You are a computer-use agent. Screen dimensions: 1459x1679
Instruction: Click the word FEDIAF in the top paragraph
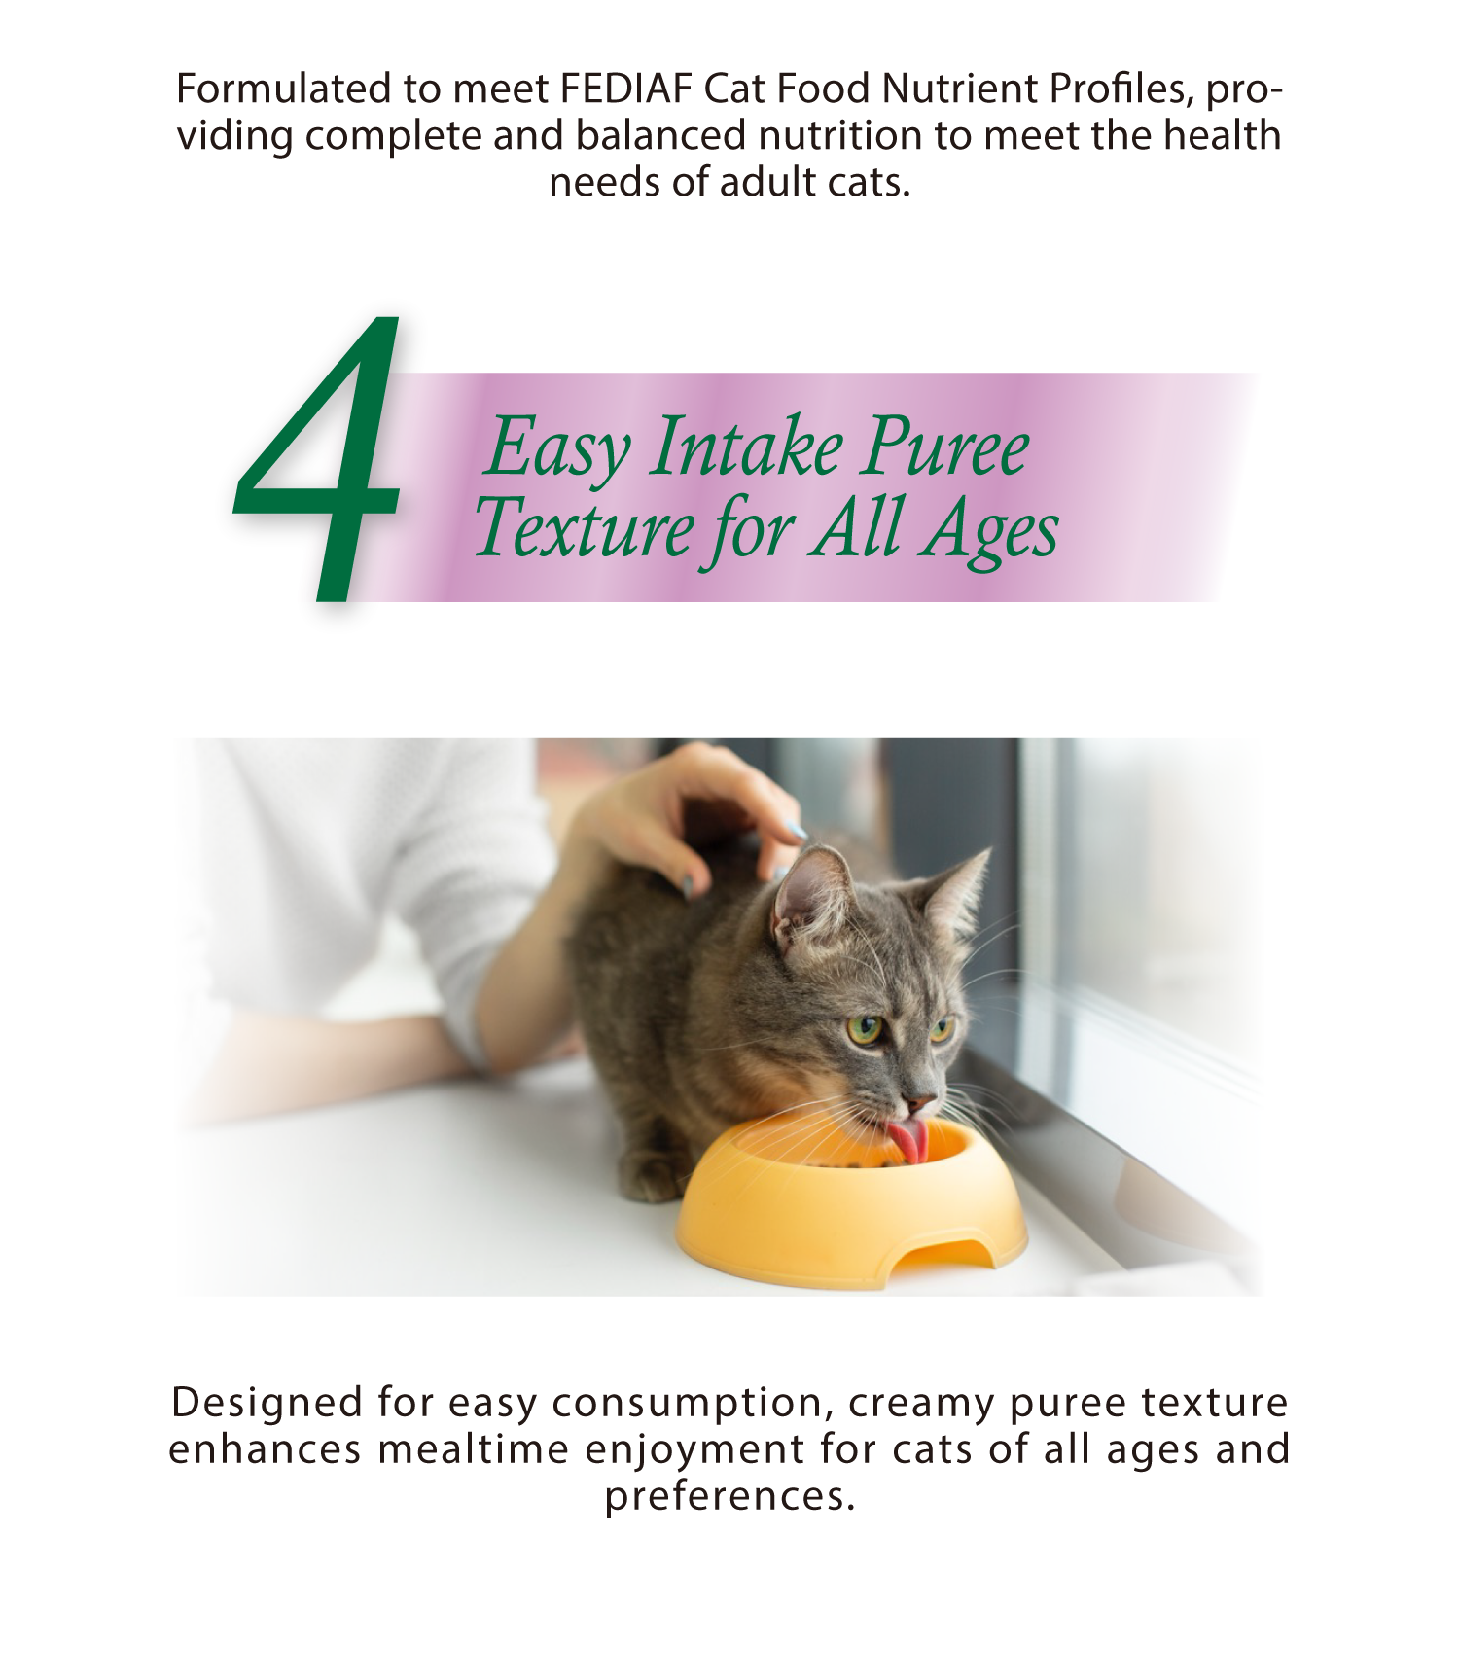(x=626, y=89)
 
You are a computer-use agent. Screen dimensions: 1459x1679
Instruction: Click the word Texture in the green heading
(x=584, y=528)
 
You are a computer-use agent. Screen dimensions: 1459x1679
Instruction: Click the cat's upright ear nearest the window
(x=955, y=890)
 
